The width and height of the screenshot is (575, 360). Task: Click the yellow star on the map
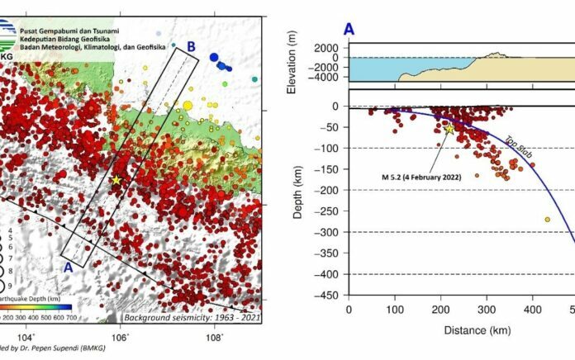[x=116, y=180]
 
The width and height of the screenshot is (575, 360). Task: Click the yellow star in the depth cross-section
[x=449, y=128]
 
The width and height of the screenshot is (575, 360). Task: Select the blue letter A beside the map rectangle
[x=69, y=268]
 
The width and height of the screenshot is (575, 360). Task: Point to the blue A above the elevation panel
[x=349, y=30]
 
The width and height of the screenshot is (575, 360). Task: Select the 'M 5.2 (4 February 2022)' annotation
[x=414, y=176]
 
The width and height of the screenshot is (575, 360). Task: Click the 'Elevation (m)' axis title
[x=295, y=63]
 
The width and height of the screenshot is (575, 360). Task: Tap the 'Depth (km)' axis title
[x=295, y=199]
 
